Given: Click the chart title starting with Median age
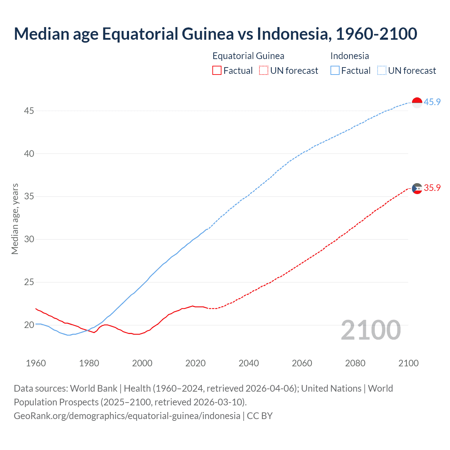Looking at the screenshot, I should tap(215, 34).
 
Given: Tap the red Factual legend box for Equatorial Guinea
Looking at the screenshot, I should tap(217, 71).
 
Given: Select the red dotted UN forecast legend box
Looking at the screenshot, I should tap(264, 71).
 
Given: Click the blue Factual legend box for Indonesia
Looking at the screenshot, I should tap(335, 71).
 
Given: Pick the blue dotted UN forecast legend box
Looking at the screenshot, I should tap(381, 71).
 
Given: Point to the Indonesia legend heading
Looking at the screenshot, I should tap(349, 56).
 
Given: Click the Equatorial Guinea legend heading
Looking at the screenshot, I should tap(248, 56).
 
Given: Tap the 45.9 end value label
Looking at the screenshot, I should tap(432, 102).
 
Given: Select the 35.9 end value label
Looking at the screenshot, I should tap(432, 188).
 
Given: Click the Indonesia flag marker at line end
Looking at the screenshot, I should tap(417, 103).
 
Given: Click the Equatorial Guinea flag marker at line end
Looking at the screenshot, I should tap(417, 188).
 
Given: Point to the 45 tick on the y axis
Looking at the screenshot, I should tap(29, 111).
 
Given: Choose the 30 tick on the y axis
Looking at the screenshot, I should tap(29, 239).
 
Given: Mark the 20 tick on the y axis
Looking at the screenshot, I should tap(29, 325).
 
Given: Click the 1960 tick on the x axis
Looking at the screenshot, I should tap(36, 363).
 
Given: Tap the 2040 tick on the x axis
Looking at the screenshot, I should tap(249, 363).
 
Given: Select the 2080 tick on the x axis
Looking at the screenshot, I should tap(355, 363).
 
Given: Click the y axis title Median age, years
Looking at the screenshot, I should tap(15, 219).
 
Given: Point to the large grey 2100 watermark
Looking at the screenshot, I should tap(371, 330).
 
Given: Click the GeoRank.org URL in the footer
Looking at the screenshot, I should tap(127, 416).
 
